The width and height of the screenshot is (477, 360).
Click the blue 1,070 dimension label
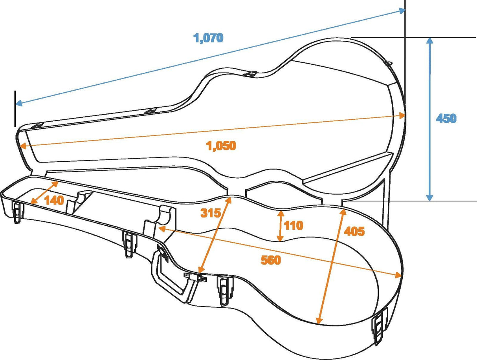pyautogui.click(x=208, y=38)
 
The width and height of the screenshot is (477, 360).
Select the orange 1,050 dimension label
pyautogui.click(x=221, y=146)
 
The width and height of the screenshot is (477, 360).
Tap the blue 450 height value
pyautogui.click(x=446, y=118)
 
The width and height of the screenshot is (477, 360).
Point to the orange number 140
pyautogui.click(x=54, y=200)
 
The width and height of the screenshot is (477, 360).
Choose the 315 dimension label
pyautogui.click(x=211, y=213)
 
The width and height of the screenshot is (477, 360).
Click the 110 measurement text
pyautogui.click(x=294, y=225)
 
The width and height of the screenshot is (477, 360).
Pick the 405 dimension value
pyautogui.click(x=354, y=231)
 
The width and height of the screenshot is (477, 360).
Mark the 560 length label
pyautogui.click(x=271, y=260)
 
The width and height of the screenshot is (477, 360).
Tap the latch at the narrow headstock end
pyautogui.click(x=17, y=212)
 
